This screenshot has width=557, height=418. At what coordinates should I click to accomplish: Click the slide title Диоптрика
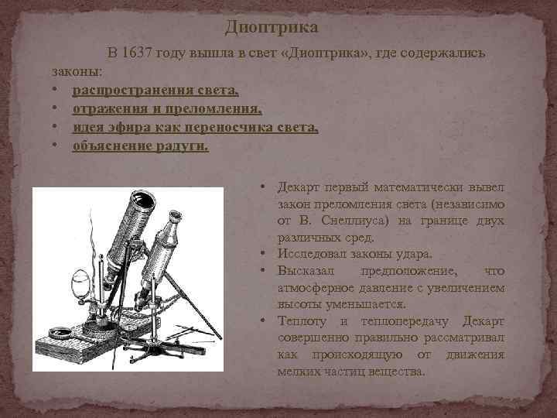[272, 28]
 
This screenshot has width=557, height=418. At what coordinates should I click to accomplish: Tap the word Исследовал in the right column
[309, 255]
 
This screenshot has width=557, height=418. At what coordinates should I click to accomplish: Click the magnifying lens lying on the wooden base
[60, 334]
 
